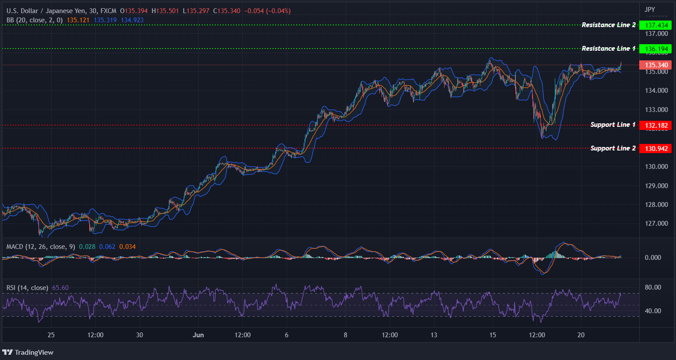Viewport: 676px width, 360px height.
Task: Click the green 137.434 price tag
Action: coord(655,25)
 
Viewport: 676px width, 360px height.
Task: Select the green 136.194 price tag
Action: coord(655,49)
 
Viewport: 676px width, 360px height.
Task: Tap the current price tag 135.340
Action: coord(655,65)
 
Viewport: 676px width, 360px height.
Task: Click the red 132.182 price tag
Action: coord(655,126)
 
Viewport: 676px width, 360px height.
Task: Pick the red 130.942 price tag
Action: coord(655,149)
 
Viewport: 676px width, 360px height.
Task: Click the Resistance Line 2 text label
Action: coord(609,25)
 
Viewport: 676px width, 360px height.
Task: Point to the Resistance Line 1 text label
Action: coord(609,49)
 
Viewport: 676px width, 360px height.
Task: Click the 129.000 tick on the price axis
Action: coord(656,185)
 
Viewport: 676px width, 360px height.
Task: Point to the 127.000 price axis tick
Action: coord(656,223)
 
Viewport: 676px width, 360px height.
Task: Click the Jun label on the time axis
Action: coord(198,335)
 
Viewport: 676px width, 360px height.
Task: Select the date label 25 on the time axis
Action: coord(51,335)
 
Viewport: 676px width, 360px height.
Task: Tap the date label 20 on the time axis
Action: coord(581,335)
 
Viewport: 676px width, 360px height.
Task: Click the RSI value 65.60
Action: coord(60,288)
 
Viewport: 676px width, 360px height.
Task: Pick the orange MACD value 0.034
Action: coord(127,247)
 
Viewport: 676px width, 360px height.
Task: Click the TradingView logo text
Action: coord(34,353)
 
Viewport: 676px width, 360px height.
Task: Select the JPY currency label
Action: coord(650,9)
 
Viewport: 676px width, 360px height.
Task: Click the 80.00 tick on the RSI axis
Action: coord(653,287)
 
